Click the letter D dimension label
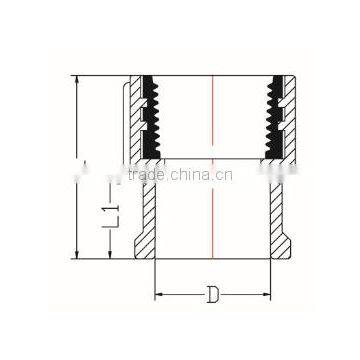pyautogui.click(x=212, y=296)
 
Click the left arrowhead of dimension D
pyautogui.click(x=158, y=296)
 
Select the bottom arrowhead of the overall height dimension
pyautogui.click(x=78, y=257)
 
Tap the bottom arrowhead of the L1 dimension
pyautogui.click(x=118, y=256)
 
